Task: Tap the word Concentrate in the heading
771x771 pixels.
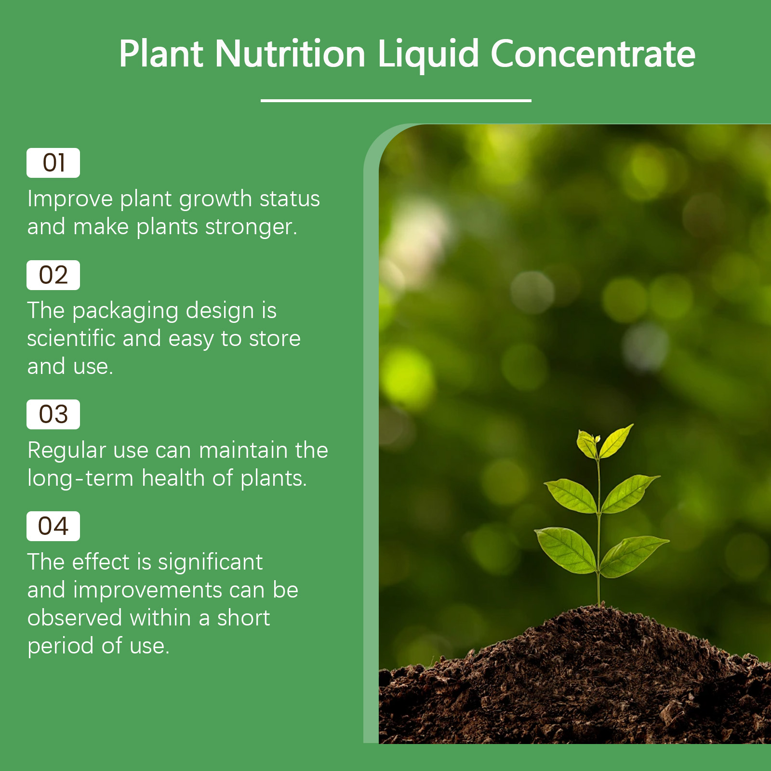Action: coord(593,53)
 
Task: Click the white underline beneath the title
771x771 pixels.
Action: coord(396,101)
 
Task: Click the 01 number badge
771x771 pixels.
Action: coord(53,163)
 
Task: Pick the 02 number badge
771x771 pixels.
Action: coord(53,275)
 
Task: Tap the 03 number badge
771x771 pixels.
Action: coord(53,414)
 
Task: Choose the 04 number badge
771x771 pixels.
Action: coord(53,526)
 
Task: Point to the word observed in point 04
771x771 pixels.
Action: coord(75,618)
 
